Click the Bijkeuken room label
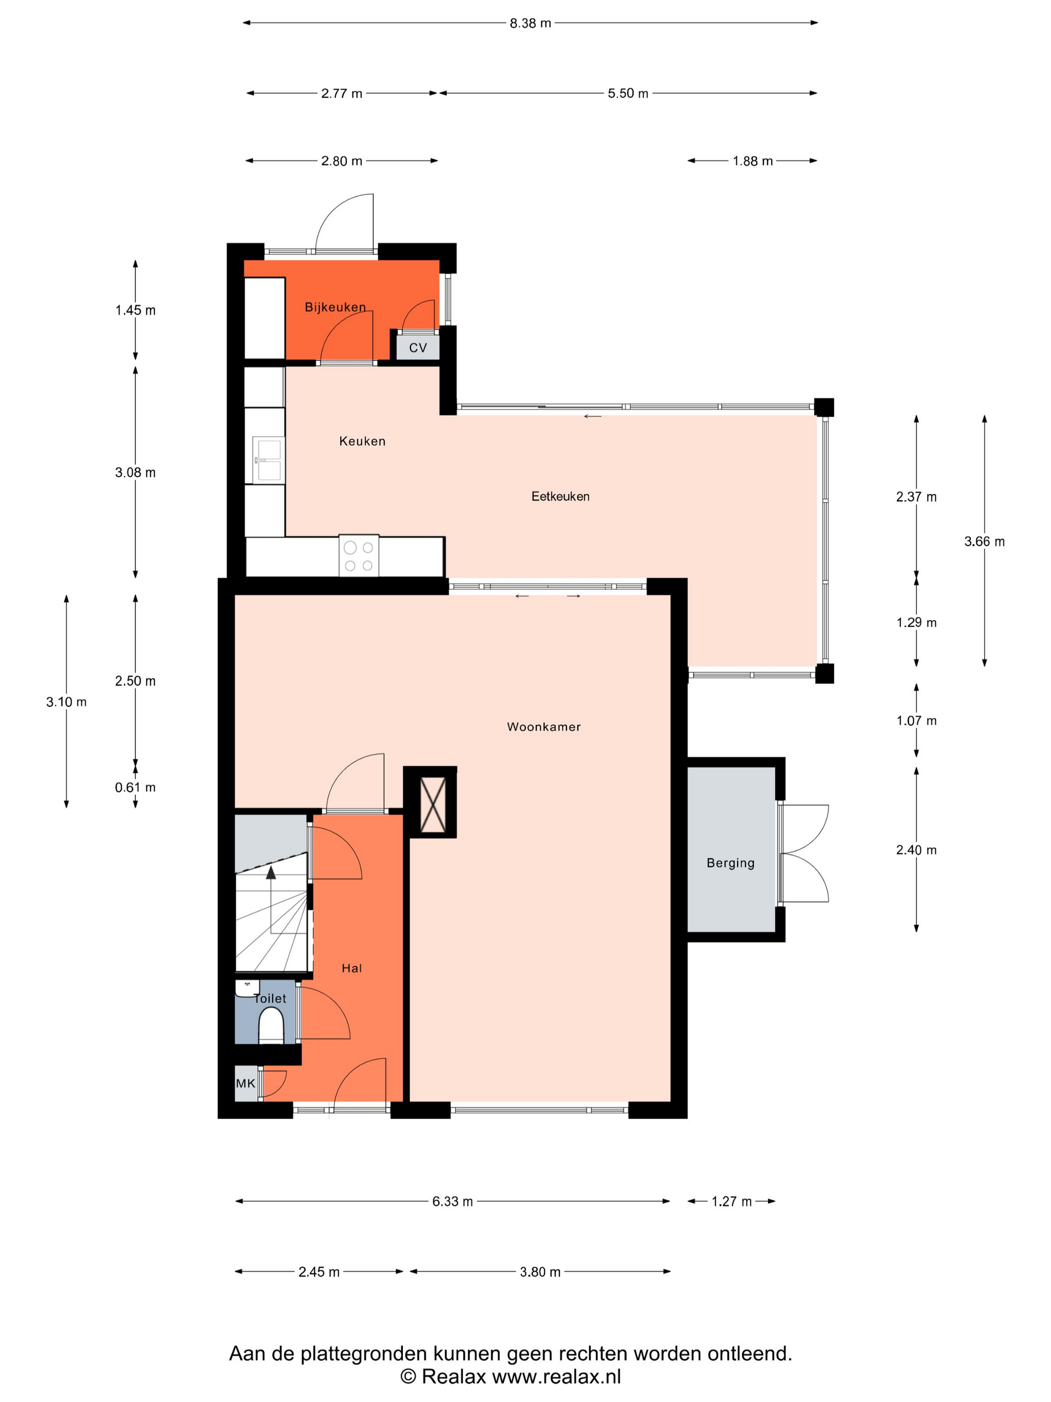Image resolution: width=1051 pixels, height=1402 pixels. [x=335, y=307]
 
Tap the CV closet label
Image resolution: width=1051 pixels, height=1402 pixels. [x=417, y=348]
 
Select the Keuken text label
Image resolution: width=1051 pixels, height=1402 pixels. [x=362, y=441]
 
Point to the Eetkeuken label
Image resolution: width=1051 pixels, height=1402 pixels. [x=560, y=496]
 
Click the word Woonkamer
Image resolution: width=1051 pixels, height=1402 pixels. [x=544, y=727]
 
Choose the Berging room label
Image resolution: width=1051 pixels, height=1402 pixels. [x=730, y=863]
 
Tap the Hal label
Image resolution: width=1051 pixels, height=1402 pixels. [x=352, y=968]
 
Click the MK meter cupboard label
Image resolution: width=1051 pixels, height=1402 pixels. [x=245, y=1083]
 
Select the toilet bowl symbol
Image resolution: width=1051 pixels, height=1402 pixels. [x=271, y=1025]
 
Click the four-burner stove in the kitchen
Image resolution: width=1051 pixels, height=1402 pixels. [x=358, y=556]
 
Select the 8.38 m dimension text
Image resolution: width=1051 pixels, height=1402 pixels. [x=530, y=24]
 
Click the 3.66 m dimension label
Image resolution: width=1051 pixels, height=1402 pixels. [x=984, y=541]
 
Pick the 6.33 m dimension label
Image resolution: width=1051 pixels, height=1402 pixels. [x=452, y=1202]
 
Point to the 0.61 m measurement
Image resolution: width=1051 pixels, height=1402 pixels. [x=135, y=787]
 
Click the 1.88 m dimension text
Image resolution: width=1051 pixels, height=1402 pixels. [x=753, y=161]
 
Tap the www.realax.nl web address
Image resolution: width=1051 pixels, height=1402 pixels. [x=556, y=1376]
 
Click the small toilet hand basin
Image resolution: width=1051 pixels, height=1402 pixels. [x=247, y=987]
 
